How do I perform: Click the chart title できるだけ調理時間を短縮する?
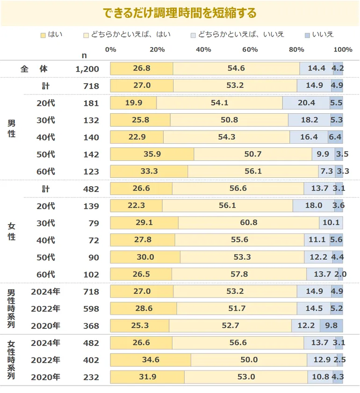[x=180, y=13]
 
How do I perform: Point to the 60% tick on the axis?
[x=250, y=50]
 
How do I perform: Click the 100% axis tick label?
[x=343, y=50]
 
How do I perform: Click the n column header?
[x=84, y=55]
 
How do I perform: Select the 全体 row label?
[x=34, y=69]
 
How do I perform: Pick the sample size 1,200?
[x=87, y=69]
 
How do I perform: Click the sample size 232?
[x=91, y=377]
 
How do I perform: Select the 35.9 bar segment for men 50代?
[x=152, y=154]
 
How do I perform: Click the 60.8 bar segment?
[x=248, y=223]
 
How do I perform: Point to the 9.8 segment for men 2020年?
[x=331, y=326]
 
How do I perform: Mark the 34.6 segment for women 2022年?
[x=151, y=360]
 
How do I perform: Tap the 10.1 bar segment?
[x=331, y=223]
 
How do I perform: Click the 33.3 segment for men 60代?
[x=149, y=172]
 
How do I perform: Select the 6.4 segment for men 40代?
[x=335, y=137]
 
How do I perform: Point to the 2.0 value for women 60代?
[x=341, y=275]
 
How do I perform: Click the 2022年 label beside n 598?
[x=45, y=309]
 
